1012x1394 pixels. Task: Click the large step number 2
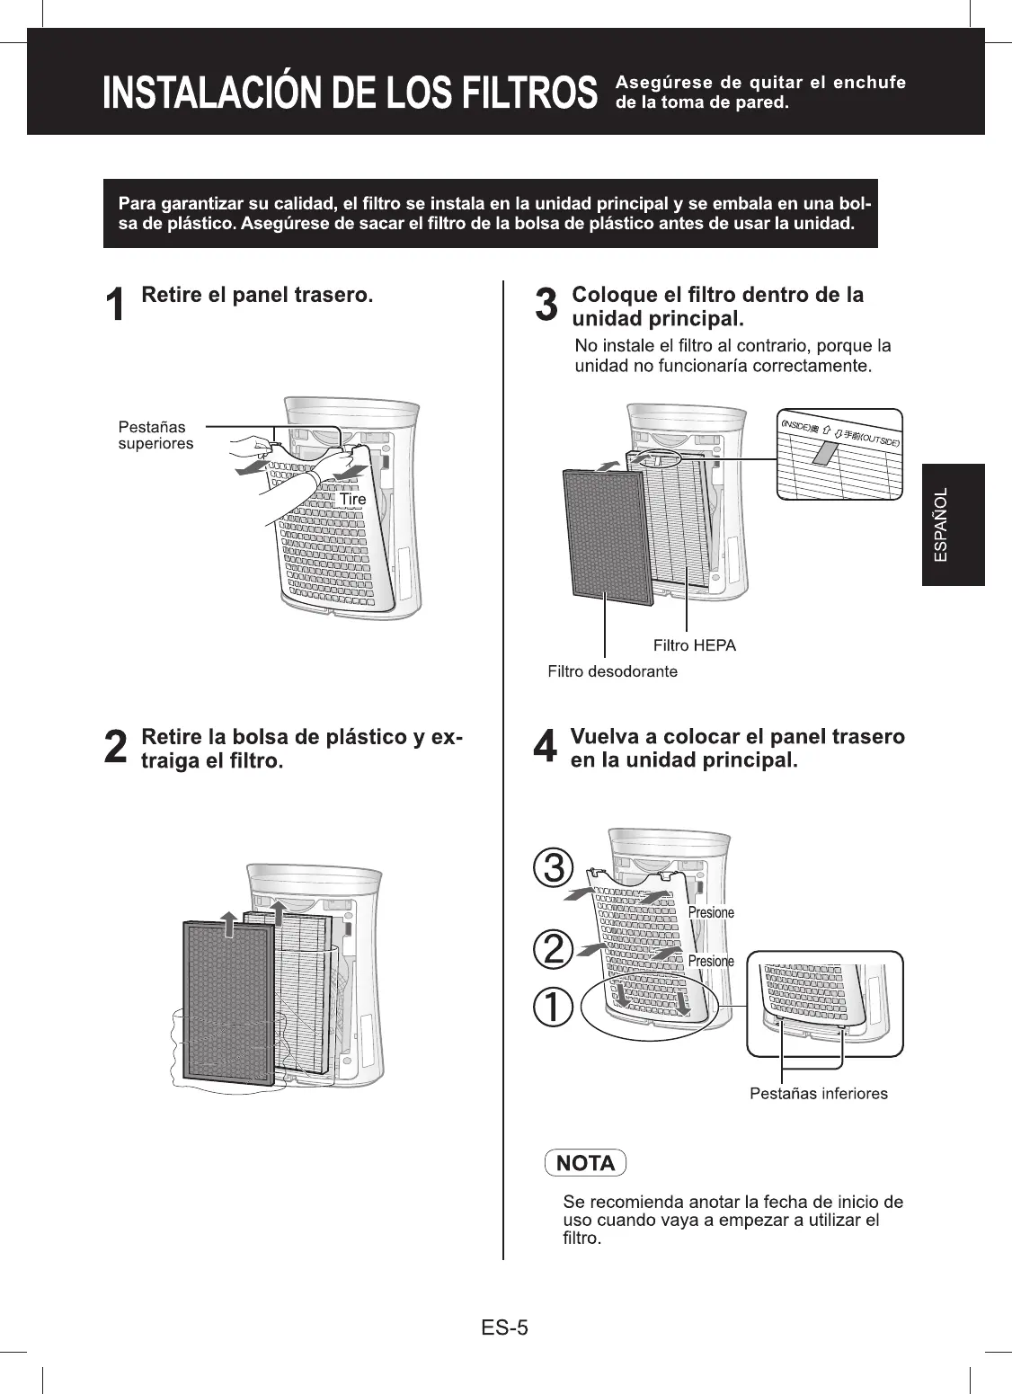115,749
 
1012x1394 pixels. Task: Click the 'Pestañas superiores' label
155,435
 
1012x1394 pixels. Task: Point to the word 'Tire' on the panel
352,500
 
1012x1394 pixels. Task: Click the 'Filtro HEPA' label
694,645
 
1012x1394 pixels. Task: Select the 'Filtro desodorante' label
612,671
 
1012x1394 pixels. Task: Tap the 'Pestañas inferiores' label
818,1094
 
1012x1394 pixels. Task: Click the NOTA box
585,1163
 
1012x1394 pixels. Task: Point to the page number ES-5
504,1327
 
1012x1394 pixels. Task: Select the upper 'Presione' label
711,913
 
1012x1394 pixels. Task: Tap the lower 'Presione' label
711,962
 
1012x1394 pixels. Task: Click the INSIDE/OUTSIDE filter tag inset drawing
839,455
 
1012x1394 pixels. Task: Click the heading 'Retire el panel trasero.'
257,295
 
